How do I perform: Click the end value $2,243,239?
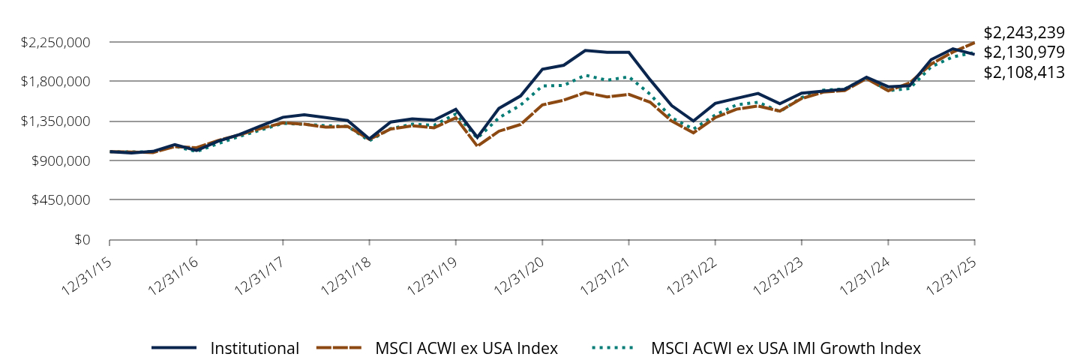[1024, 33]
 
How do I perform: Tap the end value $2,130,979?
[1024, 52]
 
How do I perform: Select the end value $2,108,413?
[1024, 73]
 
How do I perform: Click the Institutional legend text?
[255, 348]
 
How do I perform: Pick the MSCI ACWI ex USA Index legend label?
[466, 348]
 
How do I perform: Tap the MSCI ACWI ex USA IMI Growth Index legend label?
[786, 348]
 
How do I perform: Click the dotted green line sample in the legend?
[613, 348]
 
